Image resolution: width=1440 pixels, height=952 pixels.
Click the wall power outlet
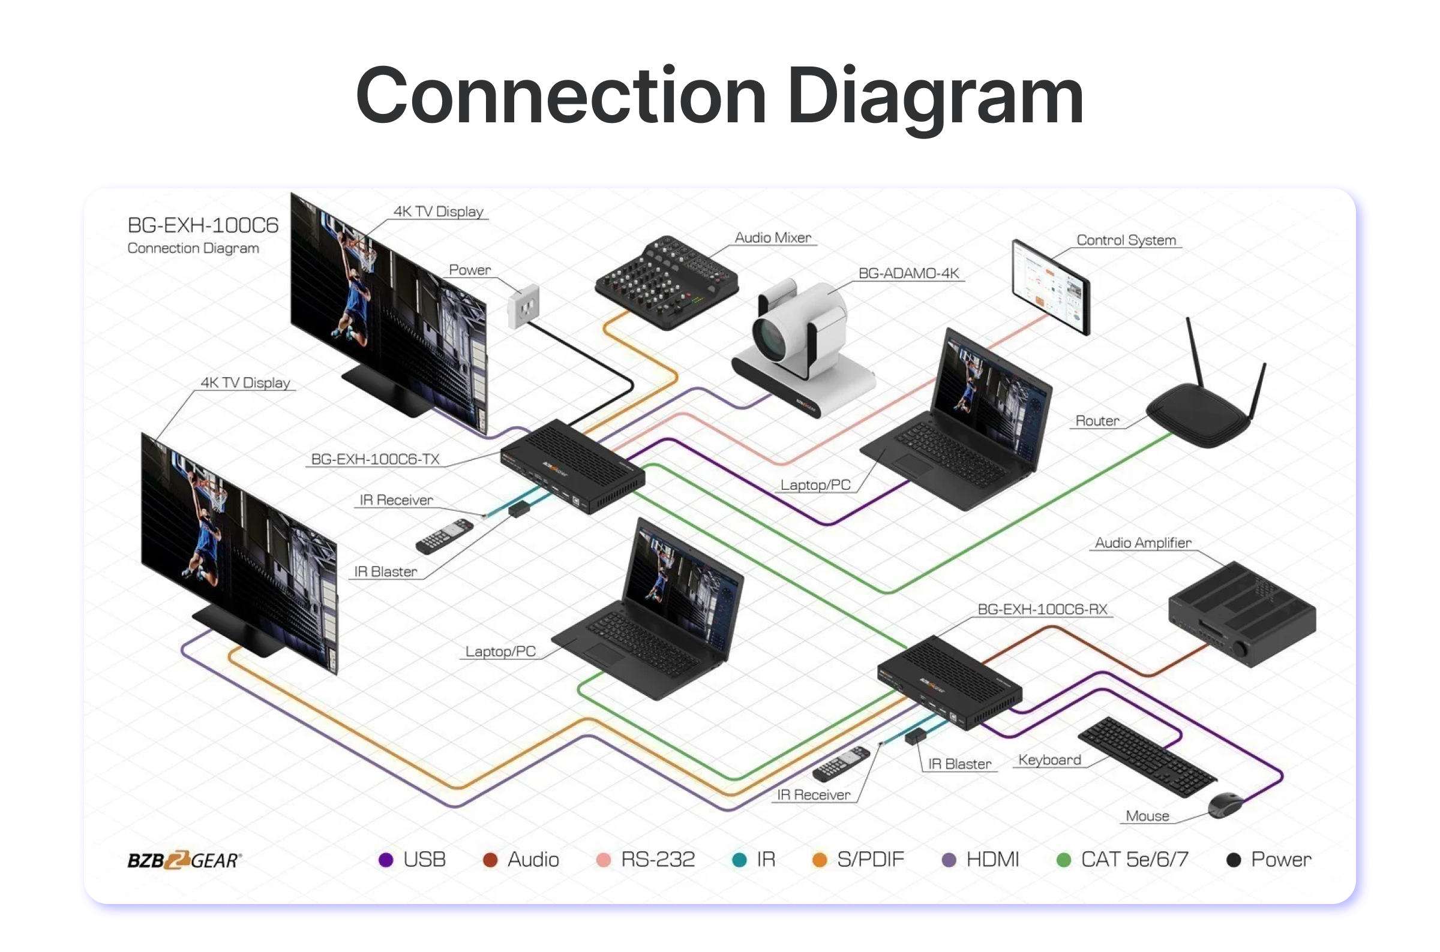(x=523, y=306)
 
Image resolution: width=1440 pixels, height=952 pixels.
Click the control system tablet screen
(x=1049, y=287)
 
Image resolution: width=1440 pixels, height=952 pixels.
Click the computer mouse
(x=1225, y=805)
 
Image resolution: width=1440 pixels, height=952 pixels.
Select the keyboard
(x=1147, y=757)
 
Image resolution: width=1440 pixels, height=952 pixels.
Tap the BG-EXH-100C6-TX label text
(x=375, y=459)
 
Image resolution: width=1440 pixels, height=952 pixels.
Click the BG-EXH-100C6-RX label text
(x=1042, y=609)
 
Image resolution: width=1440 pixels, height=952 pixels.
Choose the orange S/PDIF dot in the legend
(x=820, y=860)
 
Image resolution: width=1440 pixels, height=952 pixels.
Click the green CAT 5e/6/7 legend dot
(x=1064, y=860)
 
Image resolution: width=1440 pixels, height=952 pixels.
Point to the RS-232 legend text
(x=658, y=860)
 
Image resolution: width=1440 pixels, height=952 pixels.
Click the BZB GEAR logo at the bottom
(x=184, y=860)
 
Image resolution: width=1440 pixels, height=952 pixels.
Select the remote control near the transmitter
(x=444, y=536)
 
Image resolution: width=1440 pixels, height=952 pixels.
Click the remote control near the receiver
(x=842, y=764)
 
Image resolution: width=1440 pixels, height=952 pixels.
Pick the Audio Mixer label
(x=773, y=237)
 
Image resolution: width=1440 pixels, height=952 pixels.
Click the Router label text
(x=1097, y=421)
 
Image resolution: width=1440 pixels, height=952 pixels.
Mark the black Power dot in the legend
(x=1234, y=860)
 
